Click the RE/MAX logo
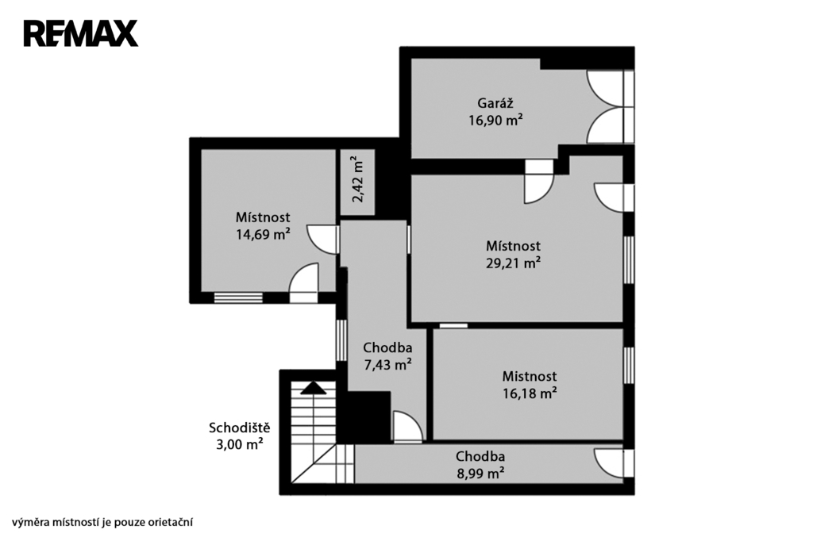(x=81, y=33)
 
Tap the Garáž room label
(x=495, y=102)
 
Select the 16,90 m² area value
(x=495, y=121)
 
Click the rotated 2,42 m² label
(x=358, y=179)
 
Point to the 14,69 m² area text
(x=263, y=234)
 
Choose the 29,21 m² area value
(x=514, y=263)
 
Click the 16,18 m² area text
(x=530, y=393)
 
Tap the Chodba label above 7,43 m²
(x=387, y=347)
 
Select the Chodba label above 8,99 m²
(x=480, y=456)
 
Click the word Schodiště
(x=240, y=428)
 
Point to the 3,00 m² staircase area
(x=240, y=444)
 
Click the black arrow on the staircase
(x=313, y=388)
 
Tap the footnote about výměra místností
(x=102, y=522)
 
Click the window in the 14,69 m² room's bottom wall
(x=238, y=298)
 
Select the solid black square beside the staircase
(x=364, y=417)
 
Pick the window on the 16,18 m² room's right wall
(x=629, y=365)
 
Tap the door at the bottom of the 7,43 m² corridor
(x=408, y=427)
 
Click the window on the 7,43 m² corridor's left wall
(x=341, y=340)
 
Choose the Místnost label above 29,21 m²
(x=514, y=246)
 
